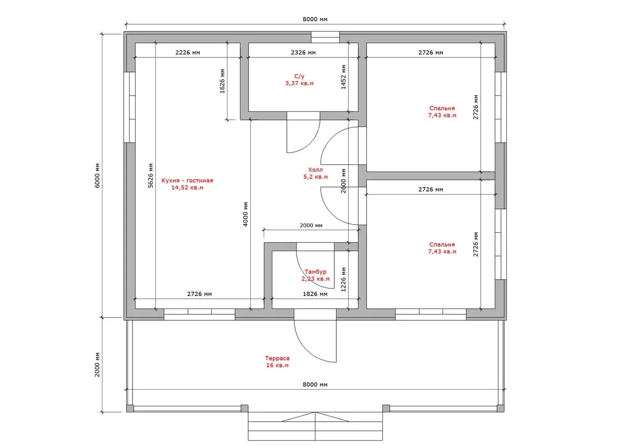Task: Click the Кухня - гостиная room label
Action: (187, 184)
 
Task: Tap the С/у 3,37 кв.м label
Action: (299, 80)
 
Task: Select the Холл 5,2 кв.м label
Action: (316, 173)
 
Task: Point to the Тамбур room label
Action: (316, 275)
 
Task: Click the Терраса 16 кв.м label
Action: (277, 361)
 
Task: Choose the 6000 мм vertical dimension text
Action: (97, 176)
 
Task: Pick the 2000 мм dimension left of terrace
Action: (97, 364)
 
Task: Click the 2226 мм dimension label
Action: (187, 52)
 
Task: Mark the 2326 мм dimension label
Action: (303, 52)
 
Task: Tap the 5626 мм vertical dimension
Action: (151, 175)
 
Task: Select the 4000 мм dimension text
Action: (245, 214)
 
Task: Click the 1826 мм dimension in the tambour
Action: (315, 294)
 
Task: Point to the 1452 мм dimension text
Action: (343, 77)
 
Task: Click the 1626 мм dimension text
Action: (223, 81)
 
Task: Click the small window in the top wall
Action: (325, 37)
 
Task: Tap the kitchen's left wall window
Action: (130, 107)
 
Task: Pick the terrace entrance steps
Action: (316, 426)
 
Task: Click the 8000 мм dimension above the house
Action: (315, 19)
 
